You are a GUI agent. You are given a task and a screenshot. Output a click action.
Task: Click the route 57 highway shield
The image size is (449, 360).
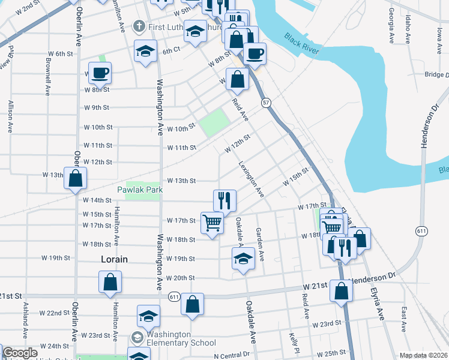coord(265,103)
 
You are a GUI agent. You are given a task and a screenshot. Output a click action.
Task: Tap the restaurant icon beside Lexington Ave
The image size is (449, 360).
coord(225,199)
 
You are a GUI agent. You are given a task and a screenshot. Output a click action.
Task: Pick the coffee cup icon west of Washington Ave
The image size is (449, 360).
coord(100,73)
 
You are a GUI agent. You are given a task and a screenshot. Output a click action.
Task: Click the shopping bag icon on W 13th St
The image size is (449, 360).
coord(75,178)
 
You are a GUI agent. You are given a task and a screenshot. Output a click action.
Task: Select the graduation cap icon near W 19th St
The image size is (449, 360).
coord(243,259)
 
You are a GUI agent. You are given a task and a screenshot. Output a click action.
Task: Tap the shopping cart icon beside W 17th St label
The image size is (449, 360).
coord(212,223)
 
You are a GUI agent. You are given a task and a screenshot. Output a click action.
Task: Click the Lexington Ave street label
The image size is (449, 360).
coord(252,179)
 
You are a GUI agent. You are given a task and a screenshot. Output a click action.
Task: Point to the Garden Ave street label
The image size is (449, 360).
coord(261,245)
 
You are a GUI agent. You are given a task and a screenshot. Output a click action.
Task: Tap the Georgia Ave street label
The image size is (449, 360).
coord(391,25)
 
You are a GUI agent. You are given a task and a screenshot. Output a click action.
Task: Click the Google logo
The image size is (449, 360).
coord(20,353)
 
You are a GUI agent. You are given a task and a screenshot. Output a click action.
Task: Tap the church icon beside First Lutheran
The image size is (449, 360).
coord(139,26)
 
